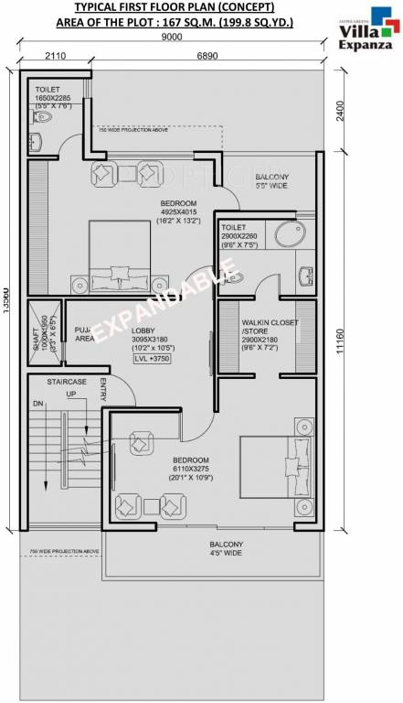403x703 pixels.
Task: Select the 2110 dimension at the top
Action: pos(55,56)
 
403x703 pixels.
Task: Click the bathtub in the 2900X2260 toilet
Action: pos(290,235)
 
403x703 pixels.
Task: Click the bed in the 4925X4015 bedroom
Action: pos(120,257)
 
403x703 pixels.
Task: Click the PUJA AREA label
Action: pos(84,333)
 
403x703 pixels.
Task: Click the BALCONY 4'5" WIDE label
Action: pos(225,548)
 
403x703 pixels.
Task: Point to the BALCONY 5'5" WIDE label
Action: pos(271,180)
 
